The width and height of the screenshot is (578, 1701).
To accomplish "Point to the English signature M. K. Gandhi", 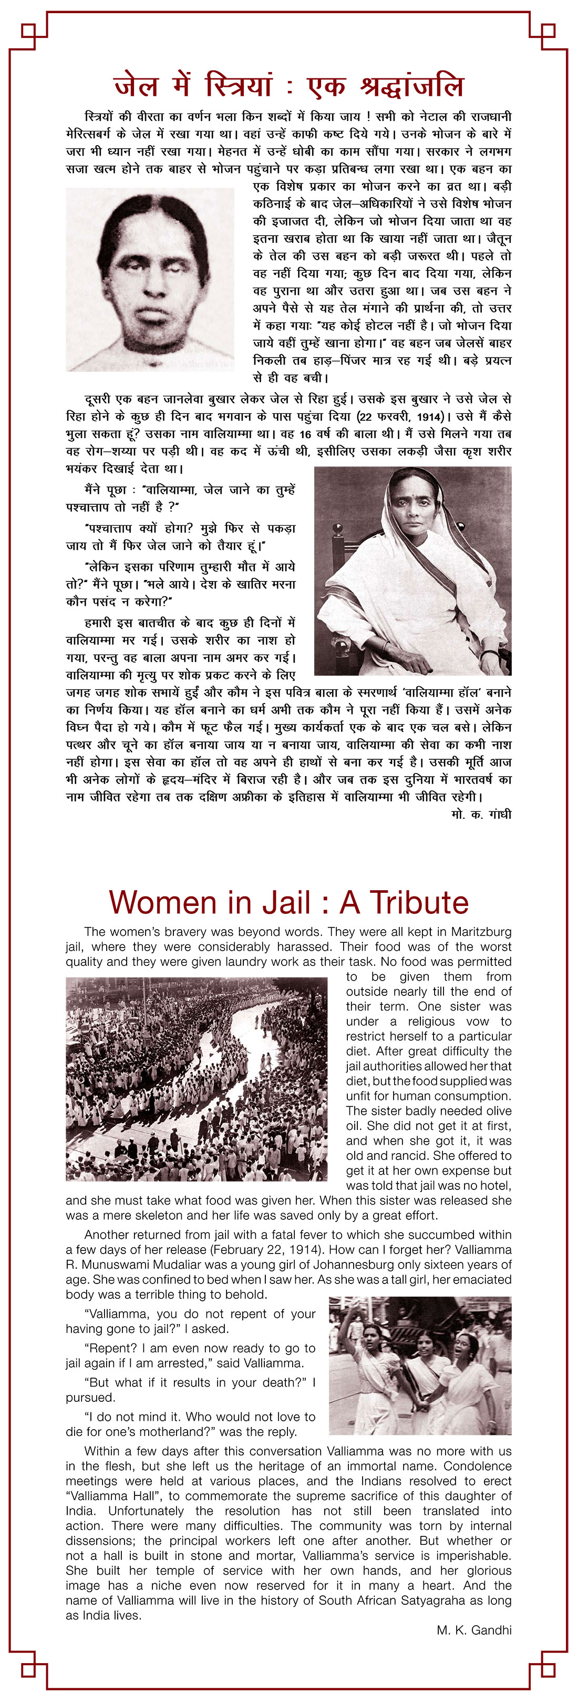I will click(474, 1631).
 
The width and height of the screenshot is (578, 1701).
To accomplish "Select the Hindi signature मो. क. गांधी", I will click(481, 814).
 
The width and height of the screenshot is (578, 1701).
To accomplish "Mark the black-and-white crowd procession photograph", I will click(196, 1079).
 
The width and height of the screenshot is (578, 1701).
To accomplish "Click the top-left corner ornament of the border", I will click(30, 31).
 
